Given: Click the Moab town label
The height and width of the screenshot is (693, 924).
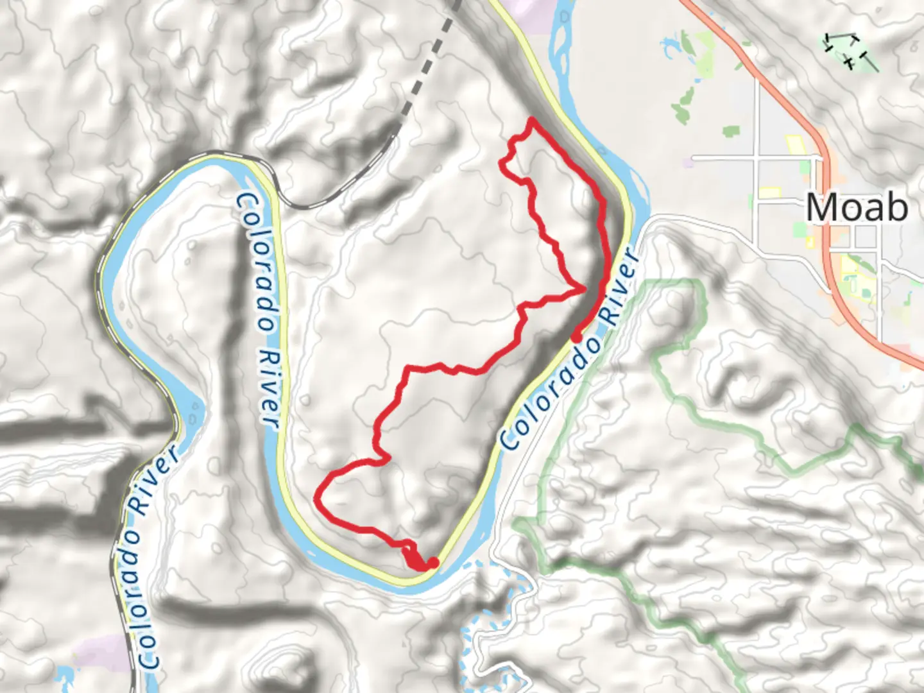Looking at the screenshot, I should pos(857,207).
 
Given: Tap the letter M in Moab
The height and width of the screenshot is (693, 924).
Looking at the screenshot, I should pos(820,207).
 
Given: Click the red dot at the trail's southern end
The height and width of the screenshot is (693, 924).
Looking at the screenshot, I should pos(433,563).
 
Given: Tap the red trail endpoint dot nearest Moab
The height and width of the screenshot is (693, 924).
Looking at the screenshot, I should pos(577,337).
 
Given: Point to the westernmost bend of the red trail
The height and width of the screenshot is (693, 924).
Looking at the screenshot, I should pos(316,498).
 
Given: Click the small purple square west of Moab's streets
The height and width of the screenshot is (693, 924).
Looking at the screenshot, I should pos(688,163).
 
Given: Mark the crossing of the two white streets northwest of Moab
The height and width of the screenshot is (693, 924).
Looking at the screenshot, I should pos(757,157).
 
